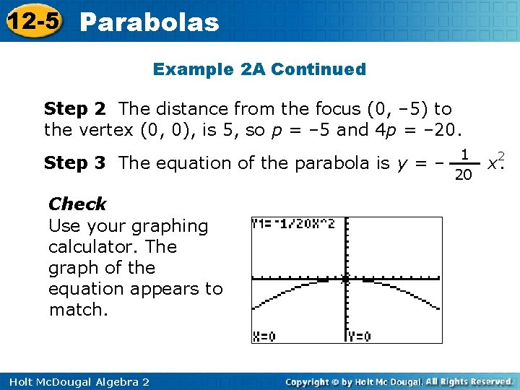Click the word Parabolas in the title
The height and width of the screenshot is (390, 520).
[x=149, y=22]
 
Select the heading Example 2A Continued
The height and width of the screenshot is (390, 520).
[x=259, y=69]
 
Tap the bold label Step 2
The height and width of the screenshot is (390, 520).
[x=75, y=109]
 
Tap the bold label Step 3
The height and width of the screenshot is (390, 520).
[x=75, y=163]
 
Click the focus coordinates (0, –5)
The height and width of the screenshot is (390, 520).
[x=399, y=109]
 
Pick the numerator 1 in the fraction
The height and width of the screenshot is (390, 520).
[x=466, y=154]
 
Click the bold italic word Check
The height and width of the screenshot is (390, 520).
[x=77, y=204]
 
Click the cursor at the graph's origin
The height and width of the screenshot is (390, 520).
[x=345, y=279]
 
